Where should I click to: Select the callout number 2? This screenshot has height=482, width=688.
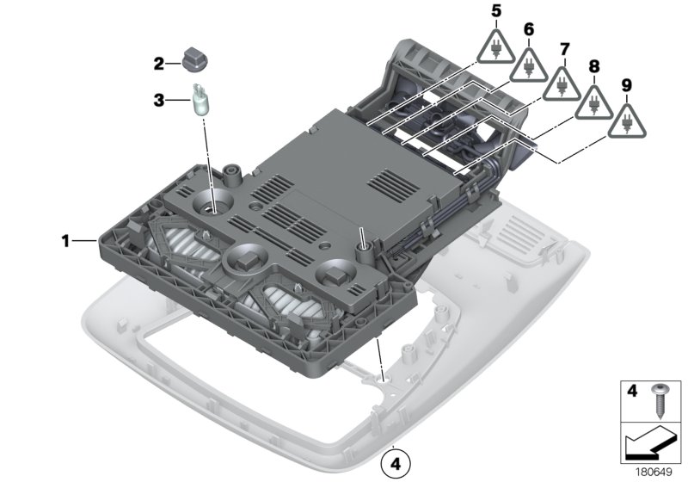point(158,64)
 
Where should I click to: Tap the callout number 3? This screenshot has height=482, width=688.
point(158,101)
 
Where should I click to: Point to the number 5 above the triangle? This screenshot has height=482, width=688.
point(495,11)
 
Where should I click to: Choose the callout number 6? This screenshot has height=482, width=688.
point(529,30)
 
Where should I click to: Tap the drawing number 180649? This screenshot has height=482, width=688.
point(651,472)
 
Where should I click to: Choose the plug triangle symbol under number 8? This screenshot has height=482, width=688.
point(594,101)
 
